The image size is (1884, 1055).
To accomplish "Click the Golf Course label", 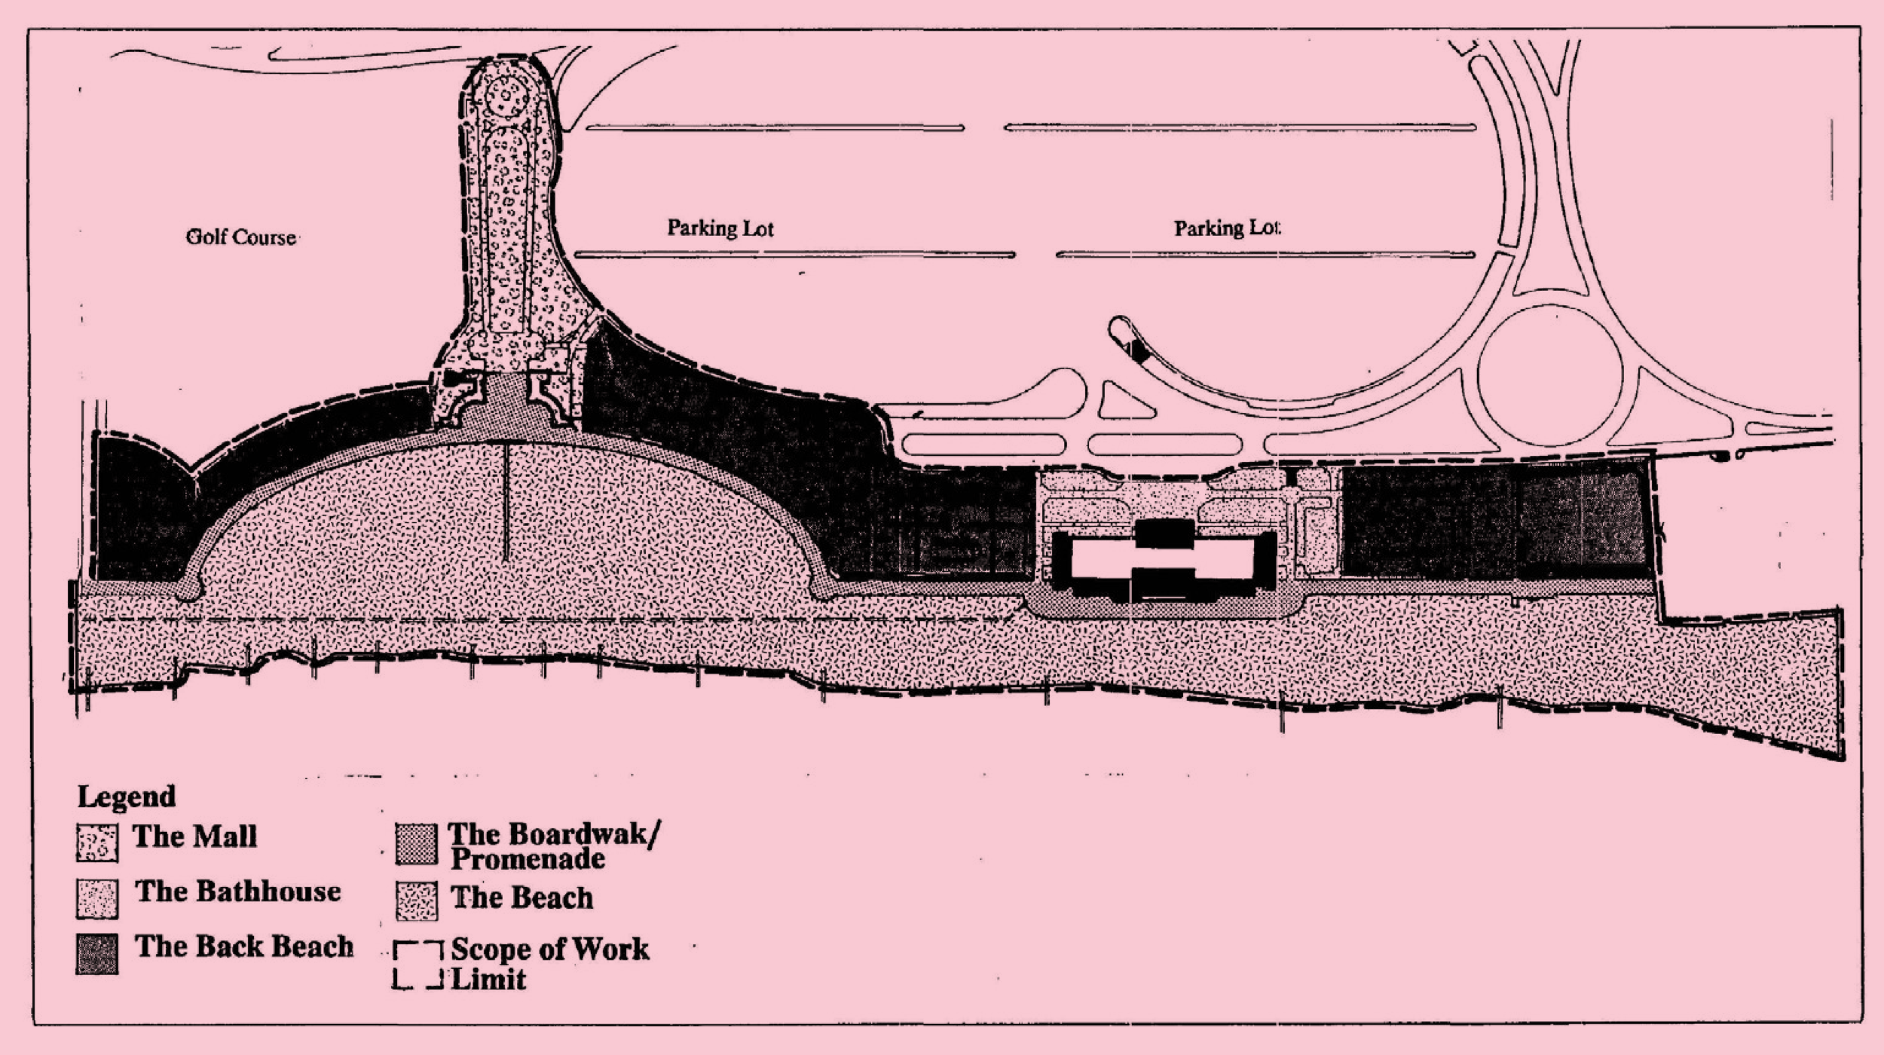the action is (x=240, y=237).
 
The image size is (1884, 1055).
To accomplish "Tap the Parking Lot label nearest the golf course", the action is (x=720, y=228).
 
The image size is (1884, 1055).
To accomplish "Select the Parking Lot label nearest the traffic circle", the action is (x=1227, y=228).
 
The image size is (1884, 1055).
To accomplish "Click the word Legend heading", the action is (x=127, y=797).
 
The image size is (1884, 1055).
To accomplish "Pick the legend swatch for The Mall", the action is (x=97, y=842).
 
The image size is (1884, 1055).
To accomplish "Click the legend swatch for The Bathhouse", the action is (x=97, y=898).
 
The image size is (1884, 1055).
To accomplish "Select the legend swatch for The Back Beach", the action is (x=97, y=954).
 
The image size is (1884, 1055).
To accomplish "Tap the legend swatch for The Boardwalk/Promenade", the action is (x=416, y=844).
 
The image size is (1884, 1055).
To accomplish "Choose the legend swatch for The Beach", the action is (x=416, y=901).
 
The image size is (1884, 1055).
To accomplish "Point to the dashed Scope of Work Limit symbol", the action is (x=417, y=965).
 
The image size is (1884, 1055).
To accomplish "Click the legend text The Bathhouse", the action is (x=237, y=891).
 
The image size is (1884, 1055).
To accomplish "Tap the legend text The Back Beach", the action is (x=244, y=946).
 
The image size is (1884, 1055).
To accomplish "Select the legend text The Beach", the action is (x=521, y=898).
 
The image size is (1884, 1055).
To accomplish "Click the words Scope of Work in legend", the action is (x=549, y=949).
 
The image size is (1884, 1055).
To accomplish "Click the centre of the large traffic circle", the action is (x=1549, y=376).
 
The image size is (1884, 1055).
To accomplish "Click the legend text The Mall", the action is (x=194, y=836).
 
